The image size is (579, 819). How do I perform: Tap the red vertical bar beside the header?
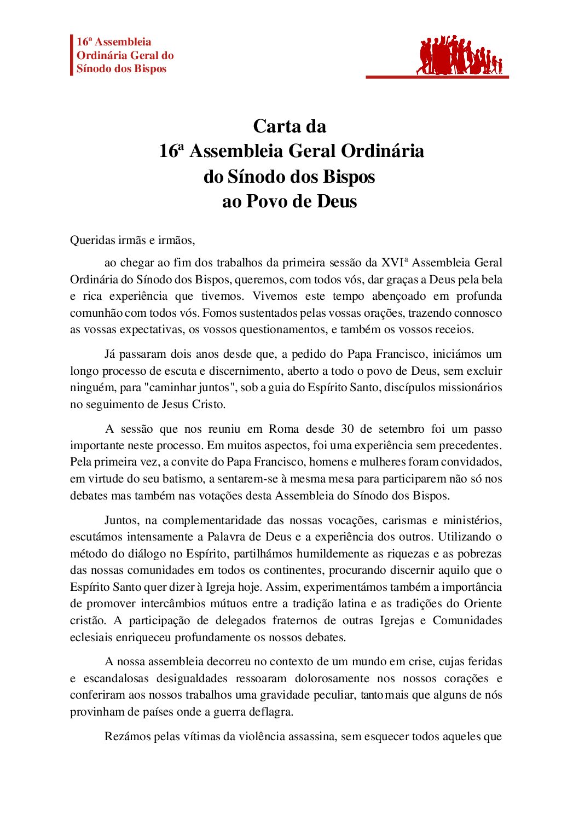[71, 55]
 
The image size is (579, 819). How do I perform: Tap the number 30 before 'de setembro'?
[347, 428]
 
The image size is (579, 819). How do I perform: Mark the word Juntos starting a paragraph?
[122, 520]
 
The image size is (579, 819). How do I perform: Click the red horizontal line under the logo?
[437, 77]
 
